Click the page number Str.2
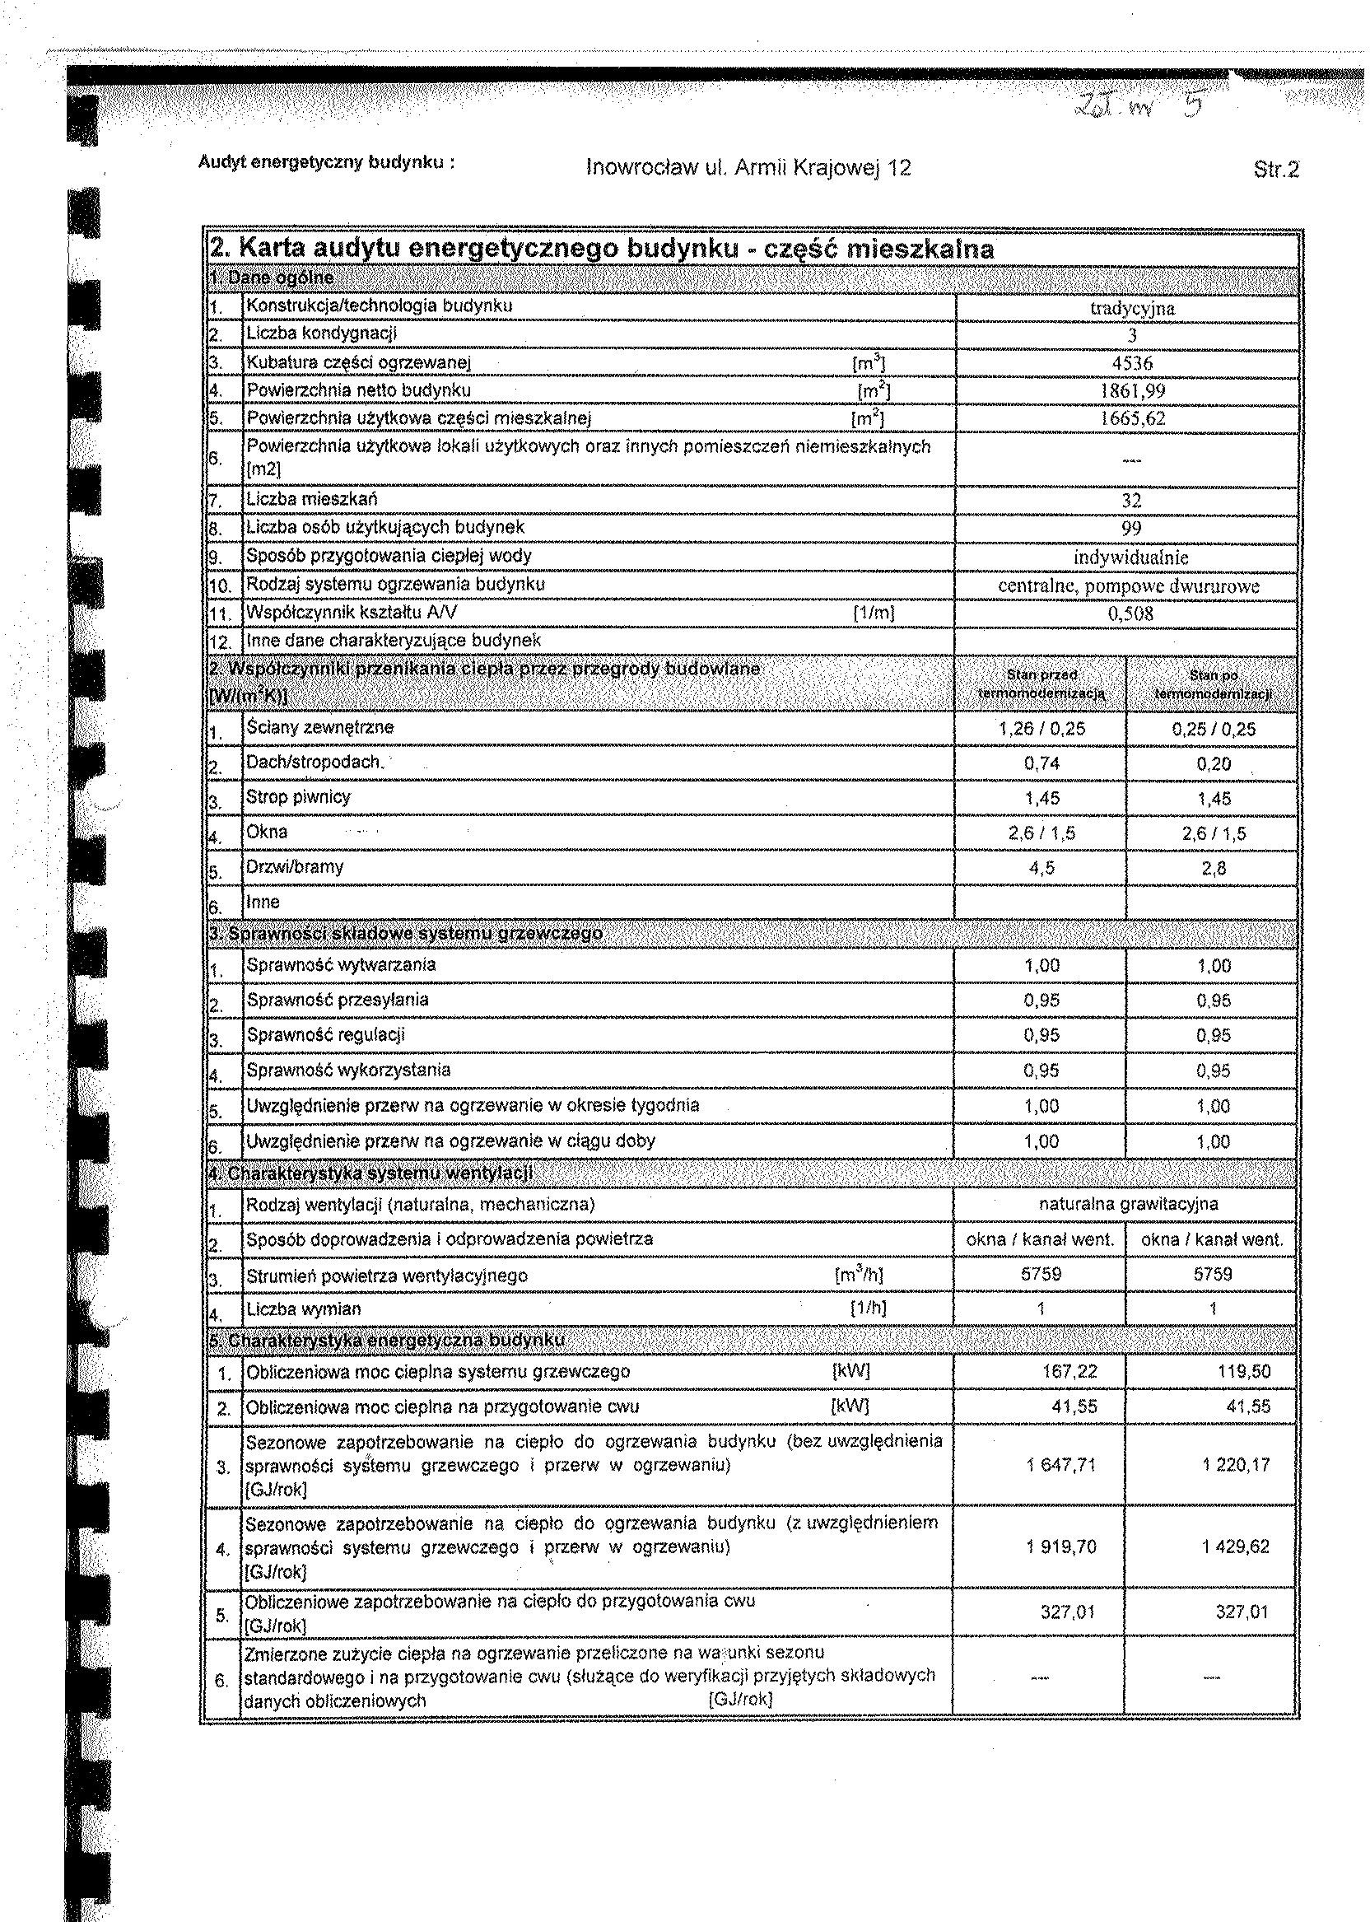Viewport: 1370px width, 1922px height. point(1275,170)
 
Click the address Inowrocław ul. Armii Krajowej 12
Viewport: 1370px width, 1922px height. point(748,168)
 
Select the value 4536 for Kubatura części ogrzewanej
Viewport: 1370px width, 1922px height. point(1132,364)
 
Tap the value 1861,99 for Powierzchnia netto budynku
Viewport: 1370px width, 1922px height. point(1132,391)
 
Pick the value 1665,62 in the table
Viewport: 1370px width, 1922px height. point(1132,419)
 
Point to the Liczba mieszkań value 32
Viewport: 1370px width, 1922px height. point(1131,501)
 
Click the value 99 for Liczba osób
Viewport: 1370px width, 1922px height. point(1131,528)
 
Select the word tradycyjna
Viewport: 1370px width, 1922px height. point(1132,308)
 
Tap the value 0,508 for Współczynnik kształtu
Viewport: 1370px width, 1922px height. point(1130,613)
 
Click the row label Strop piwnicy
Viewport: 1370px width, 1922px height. point(298,797)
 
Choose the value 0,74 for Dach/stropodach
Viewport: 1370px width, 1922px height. point(1041,763)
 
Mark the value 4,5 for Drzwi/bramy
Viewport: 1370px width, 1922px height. point(1041,868)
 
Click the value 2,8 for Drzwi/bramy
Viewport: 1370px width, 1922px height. point(1213,868)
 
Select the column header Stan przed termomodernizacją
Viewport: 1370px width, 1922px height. point(1041,684)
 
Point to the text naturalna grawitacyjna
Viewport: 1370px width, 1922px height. point(1128,1204)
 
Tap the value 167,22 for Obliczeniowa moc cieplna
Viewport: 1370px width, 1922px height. point(1069,1372)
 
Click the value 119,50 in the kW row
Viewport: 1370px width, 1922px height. point(1243,1372)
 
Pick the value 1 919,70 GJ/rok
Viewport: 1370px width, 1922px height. point(1061,1546)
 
